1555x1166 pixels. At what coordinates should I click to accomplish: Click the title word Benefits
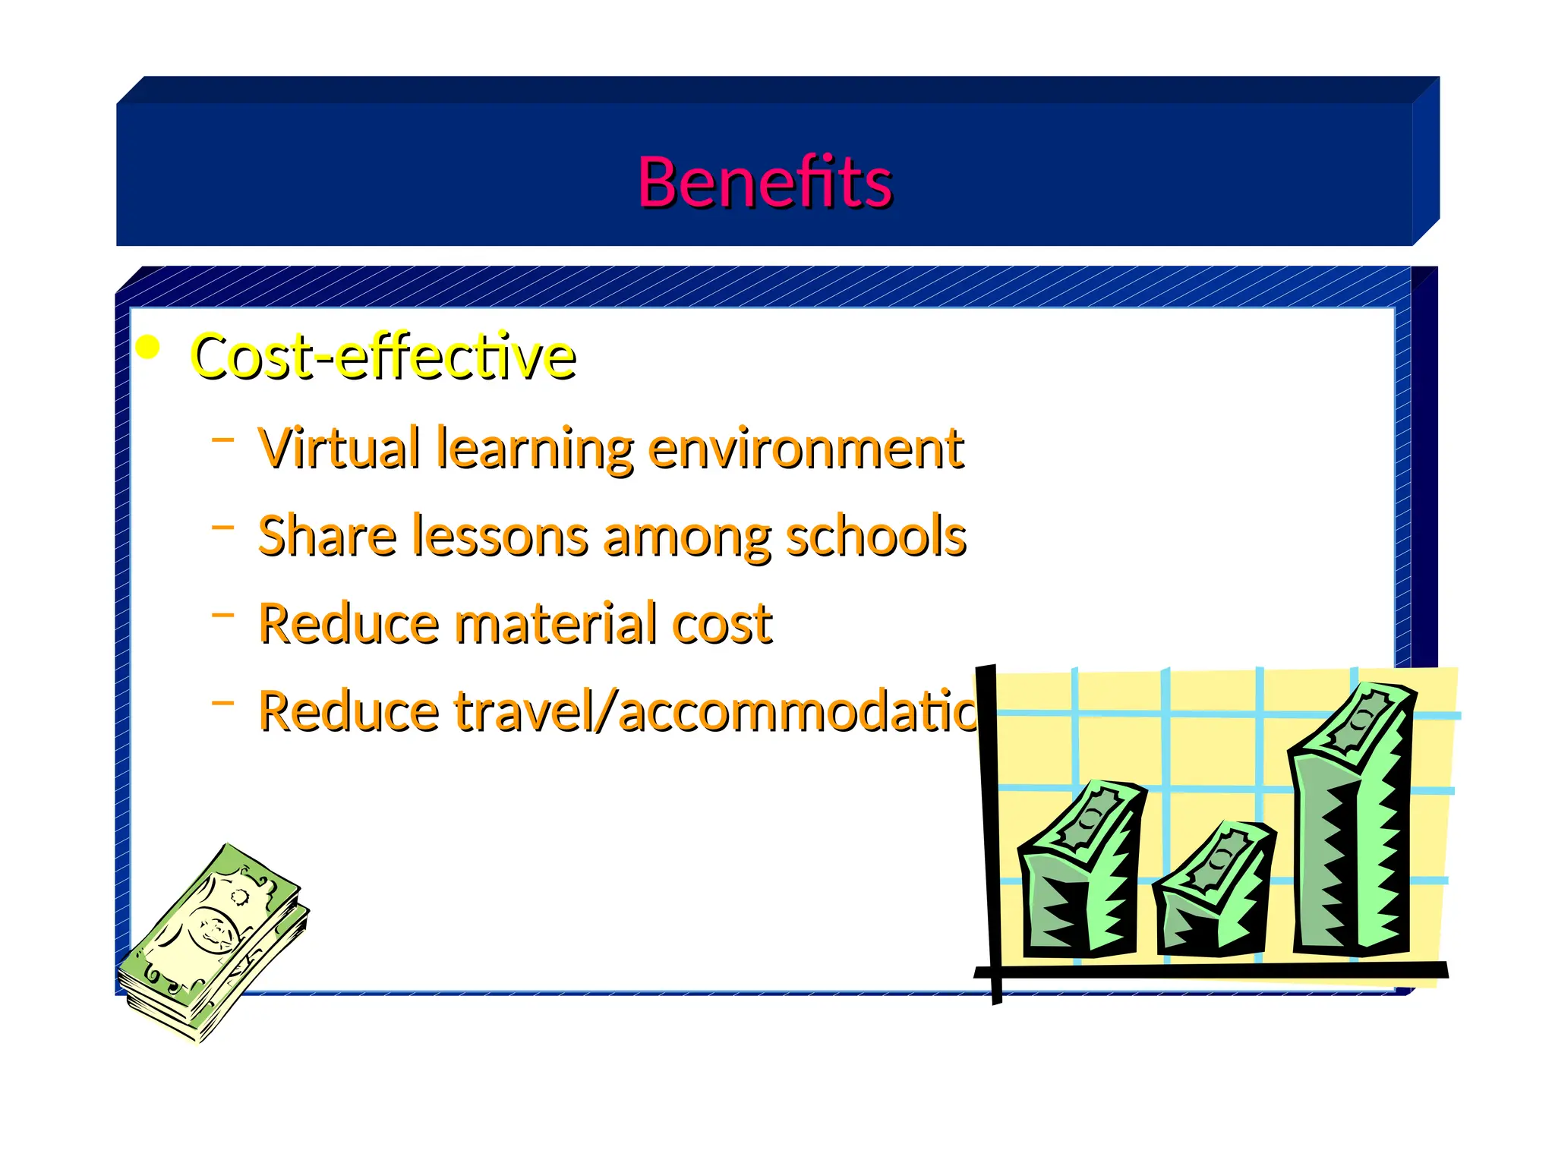[x=764, y=182]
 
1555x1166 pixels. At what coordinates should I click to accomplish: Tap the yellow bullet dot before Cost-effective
[x=147, y=348]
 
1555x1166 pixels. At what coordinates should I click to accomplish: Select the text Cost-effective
[x=383, y=357]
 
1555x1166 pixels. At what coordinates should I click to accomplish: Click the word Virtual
[x=339, y=448]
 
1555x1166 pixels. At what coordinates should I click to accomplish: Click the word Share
[x=327, y=536]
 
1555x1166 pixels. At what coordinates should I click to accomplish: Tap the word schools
[x=875, y=536]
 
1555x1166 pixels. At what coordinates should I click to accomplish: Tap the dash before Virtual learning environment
[x=222, y=439]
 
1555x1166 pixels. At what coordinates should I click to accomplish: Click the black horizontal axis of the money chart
[x=1215, y=970]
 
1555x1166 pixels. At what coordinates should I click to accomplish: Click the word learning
[x=535, y=449]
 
